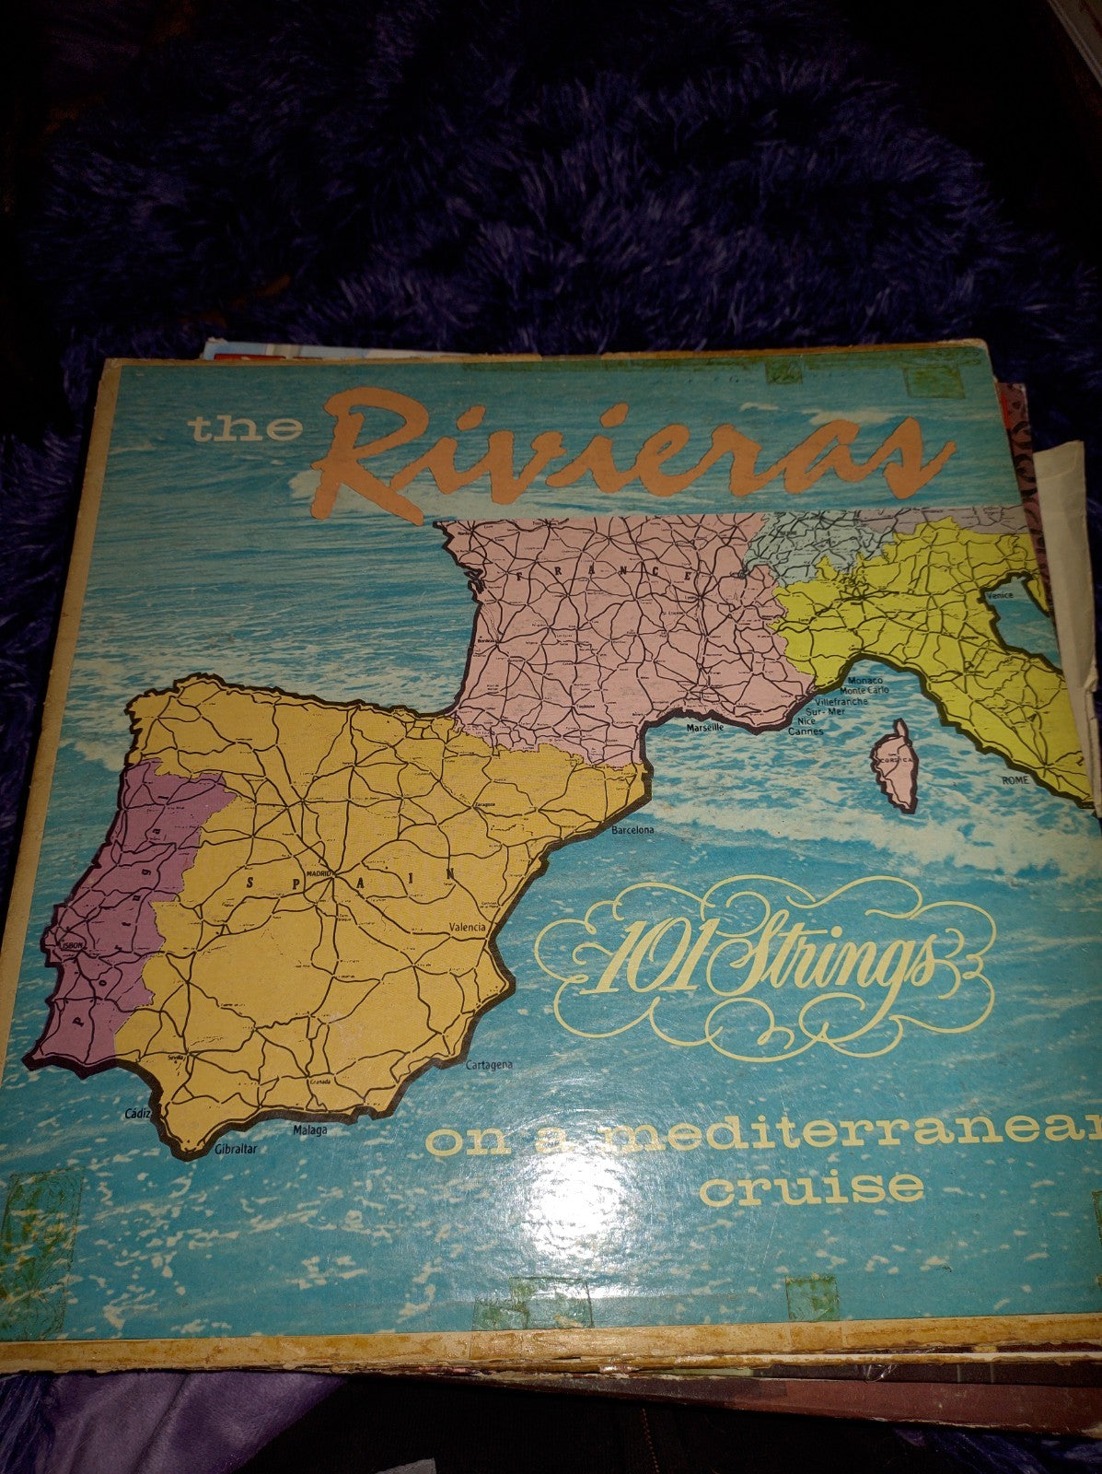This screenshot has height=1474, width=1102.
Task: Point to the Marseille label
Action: click(706, 727)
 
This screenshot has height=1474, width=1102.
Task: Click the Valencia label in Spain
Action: click(467, 928)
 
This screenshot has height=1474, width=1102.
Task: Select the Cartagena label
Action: click(489, 1065)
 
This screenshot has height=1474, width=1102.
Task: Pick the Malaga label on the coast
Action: click(310, 1129)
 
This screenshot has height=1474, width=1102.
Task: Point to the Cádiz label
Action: click(136, 1115)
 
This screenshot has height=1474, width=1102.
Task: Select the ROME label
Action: click(1015, 779)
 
